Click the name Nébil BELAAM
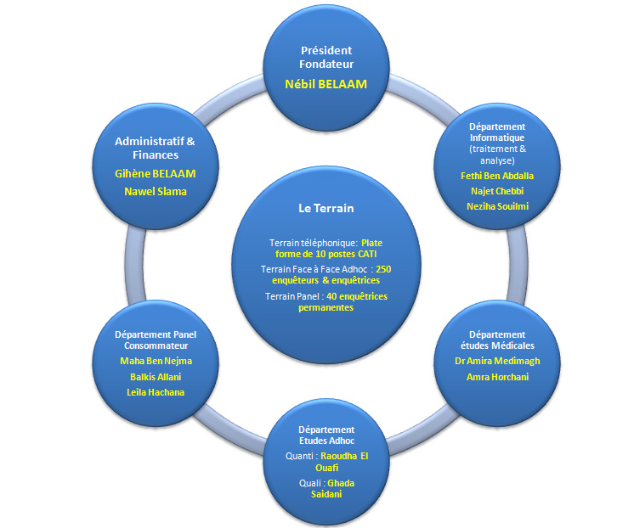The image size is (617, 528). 326,84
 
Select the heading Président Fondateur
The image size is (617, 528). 326,57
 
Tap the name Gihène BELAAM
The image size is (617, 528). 156,173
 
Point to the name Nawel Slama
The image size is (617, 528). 156,191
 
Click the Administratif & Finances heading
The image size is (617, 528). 156,148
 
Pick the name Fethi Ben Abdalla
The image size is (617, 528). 497,176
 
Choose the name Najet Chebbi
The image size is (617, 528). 497,191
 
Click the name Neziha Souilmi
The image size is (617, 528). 497,206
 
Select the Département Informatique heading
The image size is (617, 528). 497,132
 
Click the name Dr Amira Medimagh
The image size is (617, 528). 497,361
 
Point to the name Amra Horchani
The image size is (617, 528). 497,376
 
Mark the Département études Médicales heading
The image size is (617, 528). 497,340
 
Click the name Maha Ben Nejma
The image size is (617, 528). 156,361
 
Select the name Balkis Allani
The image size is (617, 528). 156,376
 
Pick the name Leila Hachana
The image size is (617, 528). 156,391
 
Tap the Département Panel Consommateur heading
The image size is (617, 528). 156,340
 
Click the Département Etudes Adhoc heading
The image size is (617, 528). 326,435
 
